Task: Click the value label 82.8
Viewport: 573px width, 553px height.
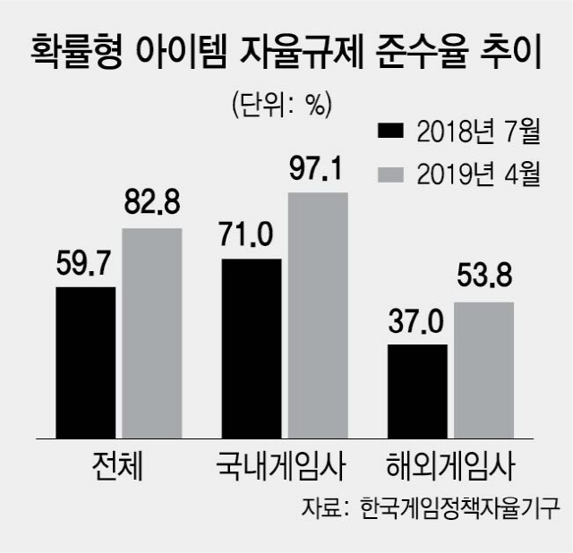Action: (x=151, y=205)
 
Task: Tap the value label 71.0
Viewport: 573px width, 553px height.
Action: (x=251, y=237)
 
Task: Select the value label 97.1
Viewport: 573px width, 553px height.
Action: (x=317, y=170)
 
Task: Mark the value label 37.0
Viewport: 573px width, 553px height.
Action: (x=417, y=321)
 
